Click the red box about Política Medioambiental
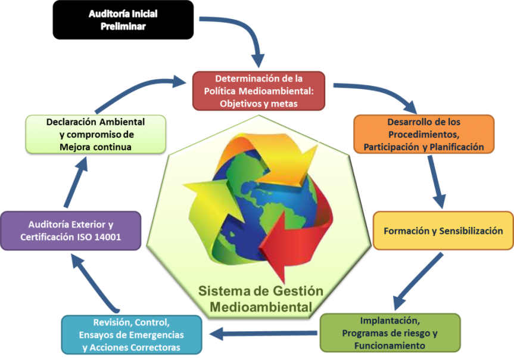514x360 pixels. [x=258, y=91]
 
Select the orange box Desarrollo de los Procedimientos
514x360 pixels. [x=423, y=134]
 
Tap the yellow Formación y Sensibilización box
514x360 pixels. [x=443, y=231]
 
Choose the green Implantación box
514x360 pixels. [x=390, y=332]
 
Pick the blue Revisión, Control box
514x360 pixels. [x=131, y=334]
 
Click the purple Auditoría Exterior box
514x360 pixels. [x=70, y=231]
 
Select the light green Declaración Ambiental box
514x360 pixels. [x=95, y=134]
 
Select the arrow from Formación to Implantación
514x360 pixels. [x=417, y=280]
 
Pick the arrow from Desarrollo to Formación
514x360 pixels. [x=435, y=182]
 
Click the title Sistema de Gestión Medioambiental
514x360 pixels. [x=260, y=299]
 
